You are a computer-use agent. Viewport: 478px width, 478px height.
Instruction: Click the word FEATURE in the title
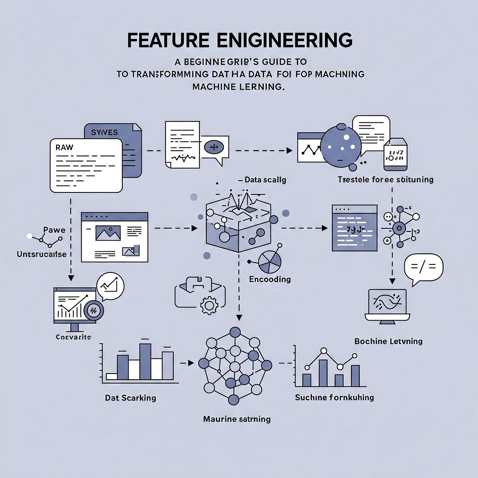coord(168,41)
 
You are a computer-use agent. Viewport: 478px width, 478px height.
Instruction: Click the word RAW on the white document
coord(65,147)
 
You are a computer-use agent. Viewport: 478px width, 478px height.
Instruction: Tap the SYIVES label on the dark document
coord(104,132)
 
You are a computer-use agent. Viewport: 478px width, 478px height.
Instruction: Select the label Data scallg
coord(265,180)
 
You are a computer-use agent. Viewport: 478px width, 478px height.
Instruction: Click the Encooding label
coord(270,279)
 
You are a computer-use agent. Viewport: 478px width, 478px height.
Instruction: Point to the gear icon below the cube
coord(208,306)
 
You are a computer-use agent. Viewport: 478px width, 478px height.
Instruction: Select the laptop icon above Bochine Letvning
coord(387,305)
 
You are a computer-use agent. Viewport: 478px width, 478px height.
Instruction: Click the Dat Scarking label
coord(130,398)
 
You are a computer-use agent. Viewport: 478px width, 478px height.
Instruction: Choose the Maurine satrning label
coord(237,419)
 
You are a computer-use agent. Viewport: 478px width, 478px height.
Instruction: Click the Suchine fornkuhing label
coord(334,397)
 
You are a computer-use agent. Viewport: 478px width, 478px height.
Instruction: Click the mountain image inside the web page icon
coord(108,233)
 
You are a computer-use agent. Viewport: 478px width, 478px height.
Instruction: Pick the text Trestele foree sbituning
coord(385,179)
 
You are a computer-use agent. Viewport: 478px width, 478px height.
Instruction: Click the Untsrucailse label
coord(41,254)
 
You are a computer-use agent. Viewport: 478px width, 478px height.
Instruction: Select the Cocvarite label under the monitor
coord(73,337)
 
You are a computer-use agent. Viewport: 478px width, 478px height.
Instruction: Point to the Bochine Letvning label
coord(388,341)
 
